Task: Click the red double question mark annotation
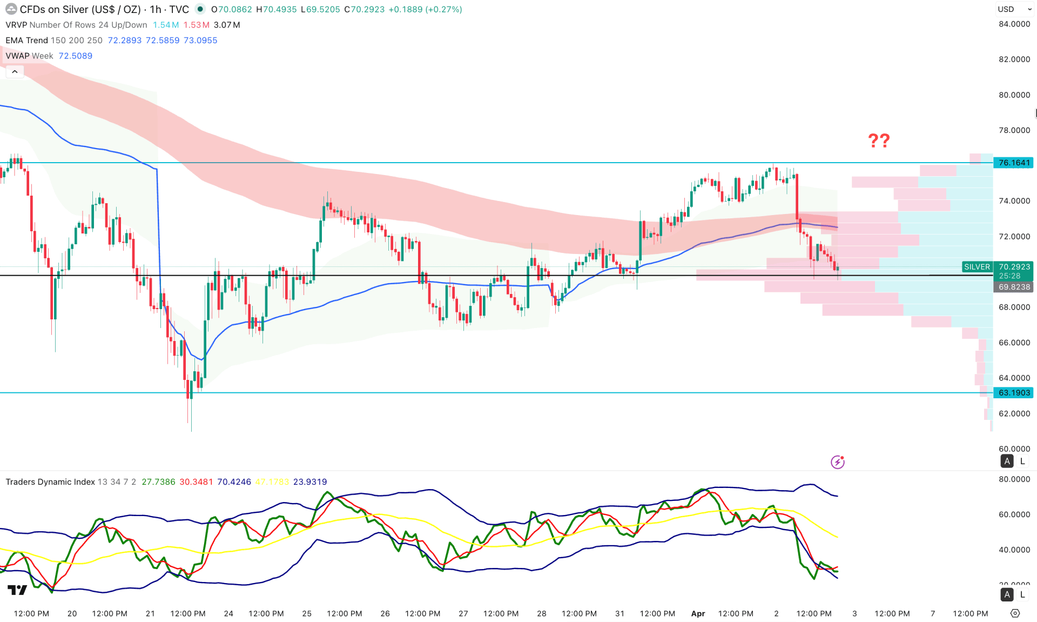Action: click(879, 141)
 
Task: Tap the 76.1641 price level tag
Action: click(1014, 163)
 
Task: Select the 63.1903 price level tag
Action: click(1014, 393)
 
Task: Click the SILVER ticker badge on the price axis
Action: click(977, 267)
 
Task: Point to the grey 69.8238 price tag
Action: click(1014, 287)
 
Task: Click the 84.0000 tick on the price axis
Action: click(1014, 24)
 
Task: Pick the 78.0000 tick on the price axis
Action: click(1014, 130)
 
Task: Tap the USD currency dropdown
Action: click(1014, 9)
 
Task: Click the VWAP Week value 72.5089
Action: click(75, 56)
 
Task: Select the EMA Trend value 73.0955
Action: click(200, 41)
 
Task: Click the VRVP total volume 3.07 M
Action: click(227, 25)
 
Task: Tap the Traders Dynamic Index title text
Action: click(50, 482)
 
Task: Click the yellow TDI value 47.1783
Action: click(272, 482)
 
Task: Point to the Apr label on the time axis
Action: click(698, 613)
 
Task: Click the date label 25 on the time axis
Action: click(307, 613)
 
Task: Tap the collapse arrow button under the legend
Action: click(15, 71)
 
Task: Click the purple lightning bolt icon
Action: click(837, 462)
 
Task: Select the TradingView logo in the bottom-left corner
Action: click(17, 590)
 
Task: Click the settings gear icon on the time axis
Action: click(1015, 613)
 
